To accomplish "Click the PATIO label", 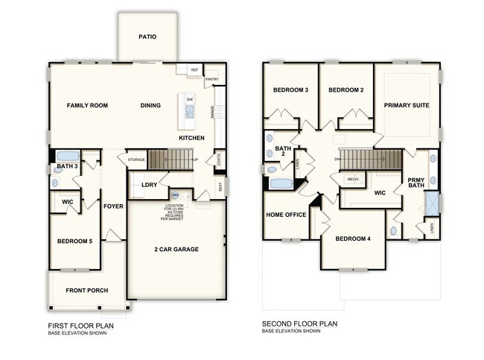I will [147, 37].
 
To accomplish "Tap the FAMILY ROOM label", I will [87, 106].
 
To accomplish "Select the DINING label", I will [150, 106].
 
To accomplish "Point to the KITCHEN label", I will [191, 139].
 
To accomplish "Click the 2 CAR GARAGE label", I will [176, 249].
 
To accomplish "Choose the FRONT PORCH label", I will [86, 290].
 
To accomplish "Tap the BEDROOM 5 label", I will [74, 241].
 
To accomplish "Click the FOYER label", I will [113, 206].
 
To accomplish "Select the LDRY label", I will [149, 185].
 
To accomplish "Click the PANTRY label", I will [211, 79].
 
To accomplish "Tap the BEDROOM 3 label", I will [290, 90].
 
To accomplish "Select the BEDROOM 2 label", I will [346, 90].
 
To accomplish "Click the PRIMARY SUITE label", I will [407, 106].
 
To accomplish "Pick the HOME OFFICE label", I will [286, 215].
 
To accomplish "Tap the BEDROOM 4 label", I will [353, 239].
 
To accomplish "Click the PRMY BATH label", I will [415, 183].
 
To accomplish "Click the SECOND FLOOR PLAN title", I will [299, 324].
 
